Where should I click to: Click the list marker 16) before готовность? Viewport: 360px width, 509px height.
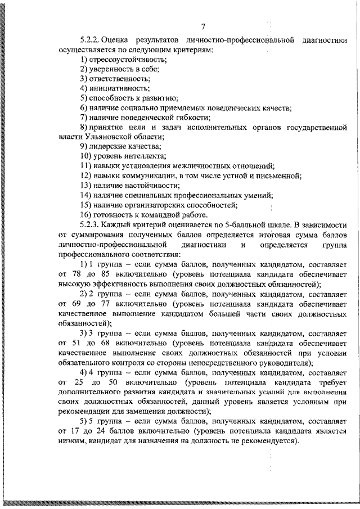[x=86, y=214]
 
